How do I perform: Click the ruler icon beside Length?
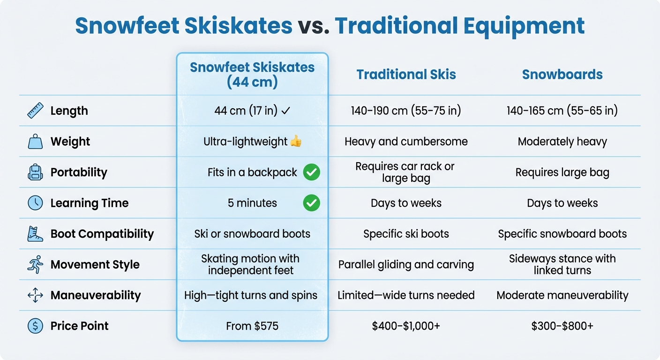point(35,111)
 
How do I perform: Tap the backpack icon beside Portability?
point(35,172)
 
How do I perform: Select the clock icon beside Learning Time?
point(35,203)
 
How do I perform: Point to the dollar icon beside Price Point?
point(35,326)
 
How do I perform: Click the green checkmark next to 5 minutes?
point(311,203)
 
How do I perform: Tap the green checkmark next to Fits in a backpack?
point(311,172)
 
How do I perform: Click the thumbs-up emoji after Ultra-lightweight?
point(296,141)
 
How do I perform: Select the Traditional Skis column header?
point(406,75)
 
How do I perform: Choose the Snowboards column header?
point(562,75)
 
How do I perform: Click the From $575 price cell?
point(252,326)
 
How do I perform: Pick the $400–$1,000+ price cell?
point(406,326)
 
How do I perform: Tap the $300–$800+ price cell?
point(562,326)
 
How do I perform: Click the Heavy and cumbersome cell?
point(406,142)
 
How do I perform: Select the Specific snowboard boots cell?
point(562,234)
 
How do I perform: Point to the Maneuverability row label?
point(96,295)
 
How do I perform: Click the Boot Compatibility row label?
point(102,234)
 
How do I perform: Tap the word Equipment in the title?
point(524,26)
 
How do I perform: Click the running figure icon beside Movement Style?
point(35,264)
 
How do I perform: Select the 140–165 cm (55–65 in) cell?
point(562,111)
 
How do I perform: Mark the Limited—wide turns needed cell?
point(406,295)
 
